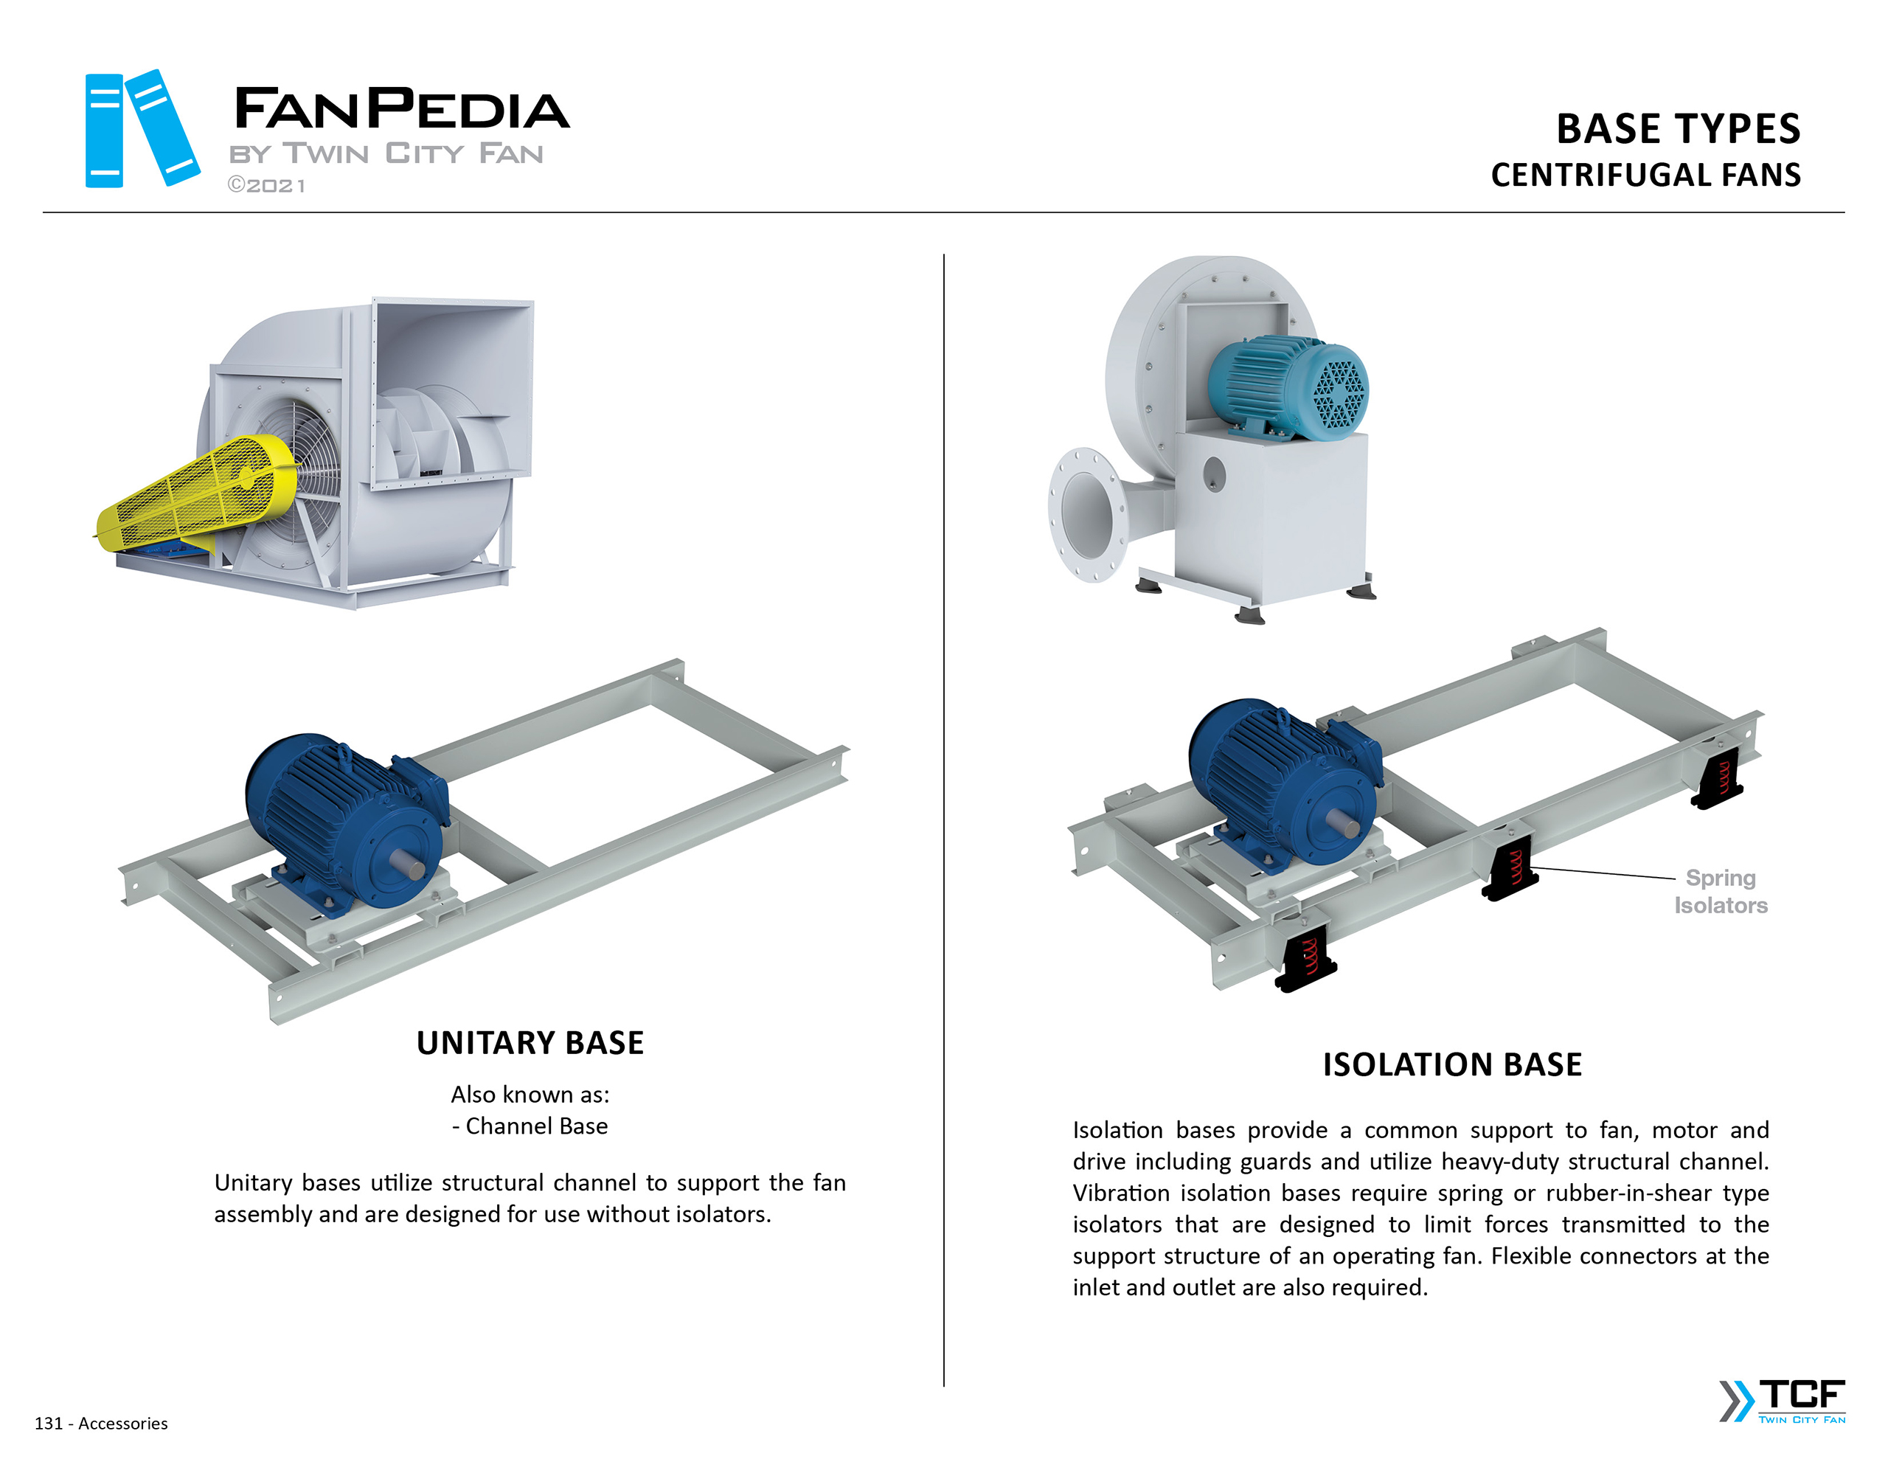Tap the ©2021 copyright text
(266, 186)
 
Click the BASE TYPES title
(1677, 130)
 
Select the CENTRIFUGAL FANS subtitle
(1645, 176)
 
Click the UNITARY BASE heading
(530, 1043)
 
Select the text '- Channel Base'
(530, 1126)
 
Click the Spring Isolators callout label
(1721, 892)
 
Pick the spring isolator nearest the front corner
(1308, 960)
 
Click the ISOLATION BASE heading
(1452, 1064)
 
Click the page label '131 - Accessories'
(101, 1424)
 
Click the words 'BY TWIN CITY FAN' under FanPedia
(386, 154)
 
